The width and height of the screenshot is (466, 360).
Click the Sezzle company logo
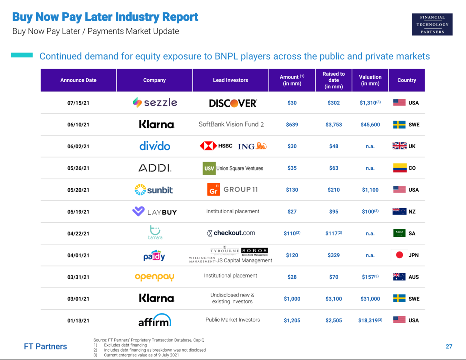(154, 103)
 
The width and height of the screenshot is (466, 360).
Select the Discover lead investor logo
(233, 103)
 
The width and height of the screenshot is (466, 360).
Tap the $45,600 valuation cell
(370, 125)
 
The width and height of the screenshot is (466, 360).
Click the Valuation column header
(370, 80)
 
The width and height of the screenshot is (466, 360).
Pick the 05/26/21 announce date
(78, 168)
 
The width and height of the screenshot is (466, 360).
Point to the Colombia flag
(399, 168)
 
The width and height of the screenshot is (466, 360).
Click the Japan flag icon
(399, 255)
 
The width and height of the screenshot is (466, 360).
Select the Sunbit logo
(154, 190)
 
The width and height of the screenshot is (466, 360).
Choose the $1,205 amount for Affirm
(292, 321)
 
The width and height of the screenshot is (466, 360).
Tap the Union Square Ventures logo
(233, 168)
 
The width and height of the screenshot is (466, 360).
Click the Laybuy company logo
(154, 212)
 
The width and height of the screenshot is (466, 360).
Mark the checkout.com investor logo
(231, 233)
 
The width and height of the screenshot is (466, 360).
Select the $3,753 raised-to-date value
(333, 125)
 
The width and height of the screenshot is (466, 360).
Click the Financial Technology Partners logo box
(432, 24)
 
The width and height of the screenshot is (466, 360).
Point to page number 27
(449, 346)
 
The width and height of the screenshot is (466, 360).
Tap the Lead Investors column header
(230, 80)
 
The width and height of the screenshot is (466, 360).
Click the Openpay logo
(154, 277)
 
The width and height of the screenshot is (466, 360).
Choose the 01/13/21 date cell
(78, 321)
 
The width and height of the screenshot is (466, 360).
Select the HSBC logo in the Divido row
(216, 146)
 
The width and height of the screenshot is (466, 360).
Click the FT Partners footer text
(45, 346)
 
